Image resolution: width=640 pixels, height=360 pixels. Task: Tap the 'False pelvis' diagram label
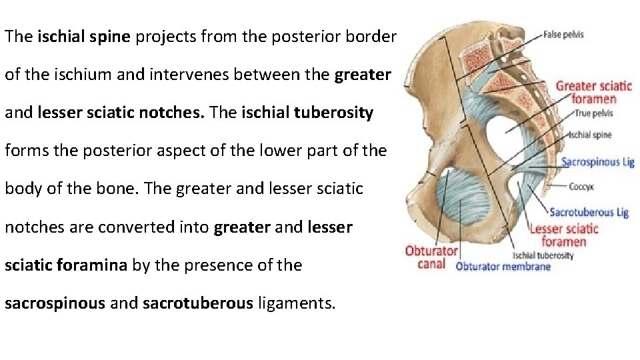pyautogui.click(x=563, y=35)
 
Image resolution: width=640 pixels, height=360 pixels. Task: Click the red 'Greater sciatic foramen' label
pyautogui.click(x=593, y=92)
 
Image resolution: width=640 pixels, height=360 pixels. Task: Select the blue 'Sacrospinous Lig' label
pyautogui.click(x=597, y=162)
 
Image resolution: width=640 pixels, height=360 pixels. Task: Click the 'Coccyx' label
pyautogui.click(x=582, y=187)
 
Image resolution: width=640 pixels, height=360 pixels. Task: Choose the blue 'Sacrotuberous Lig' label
pyautogui.click(x=589, y=212)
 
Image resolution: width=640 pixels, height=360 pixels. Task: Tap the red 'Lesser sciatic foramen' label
pyautogui.click(x=564, y=235)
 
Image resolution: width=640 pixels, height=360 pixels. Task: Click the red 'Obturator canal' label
pyautogui.click(x=431, y=257)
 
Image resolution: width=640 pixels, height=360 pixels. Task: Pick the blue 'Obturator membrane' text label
pyautogui.click(x=503, y=267)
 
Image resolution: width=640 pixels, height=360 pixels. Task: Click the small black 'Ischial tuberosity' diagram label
pyautogui.click(x=543, y=255)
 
